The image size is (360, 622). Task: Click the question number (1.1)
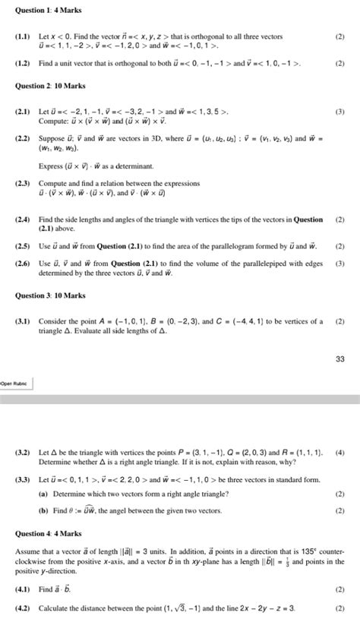(x=24, y=36)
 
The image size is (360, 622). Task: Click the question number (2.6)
(x=24, y=264)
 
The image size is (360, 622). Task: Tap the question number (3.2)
(x=24, y=453)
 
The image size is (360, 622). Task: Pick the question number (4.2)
(x=24, y=609)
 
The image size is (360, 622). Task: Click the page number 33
(x=340, y=359)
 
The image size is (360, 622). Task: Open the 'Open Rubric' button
(x=15, y=383)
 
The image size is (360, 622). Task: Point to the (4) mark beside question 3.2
(x=339, y=453)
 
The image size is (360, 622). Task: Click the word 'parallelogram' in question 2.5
(x=230, y=246)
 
